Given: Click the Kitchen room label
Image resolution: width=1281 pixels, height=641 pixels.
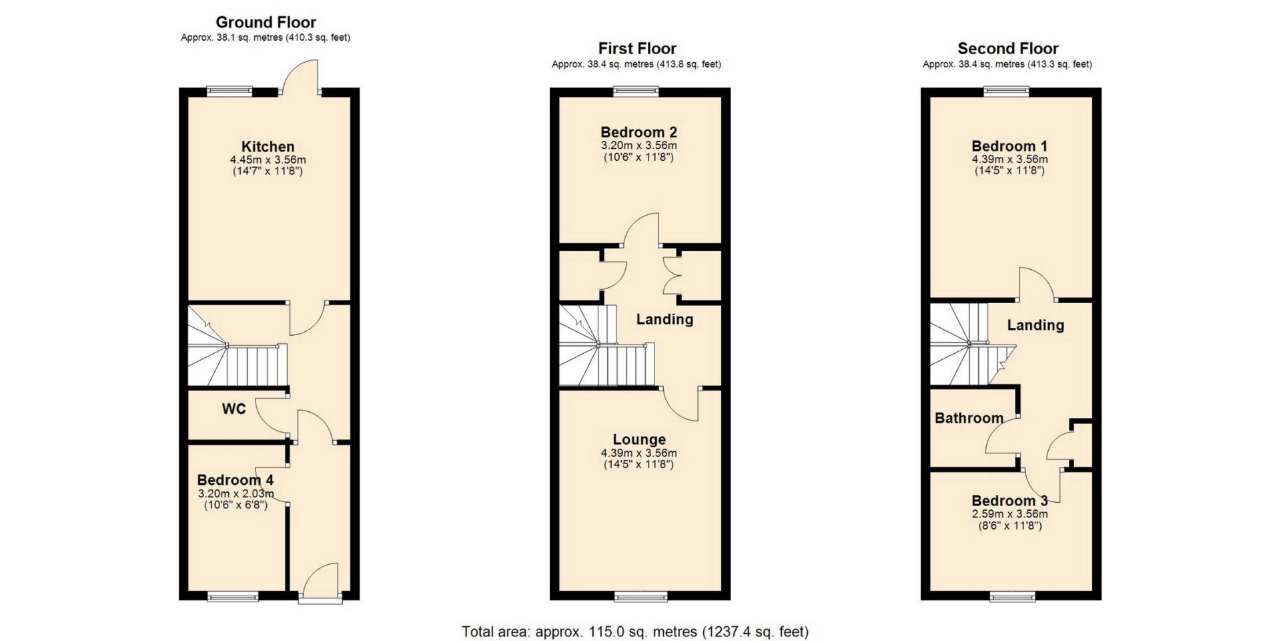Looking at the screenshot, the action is tap(268, 147).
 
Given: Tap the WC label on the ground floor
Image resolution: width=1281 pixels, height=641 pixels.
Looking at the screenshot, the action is tap(234, 409).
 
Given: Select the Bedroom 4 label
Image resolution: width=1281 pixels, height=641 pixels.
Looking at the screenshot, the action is tap(236, 480).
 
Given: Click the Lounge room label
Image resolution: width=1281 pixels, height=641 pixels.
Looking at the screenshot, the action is tap(639, 439).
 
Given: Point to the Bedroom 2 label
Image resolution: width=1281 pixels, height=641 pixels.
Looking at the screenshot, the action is tap(638, 132).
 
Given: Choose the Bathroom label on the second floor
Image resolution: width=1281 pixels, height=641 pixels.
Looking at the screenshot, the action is tap(969, 419).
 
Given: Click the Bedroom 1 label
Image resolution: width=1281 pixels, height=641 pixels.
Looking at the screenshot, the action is tap(1009, 146).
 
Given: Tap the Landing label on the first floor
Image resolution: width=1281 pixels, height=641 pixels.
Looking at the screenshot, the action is tap(665, 319).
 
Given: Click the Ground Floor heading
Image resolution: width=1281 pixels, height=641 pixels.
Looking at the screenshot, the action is tap(266, 23).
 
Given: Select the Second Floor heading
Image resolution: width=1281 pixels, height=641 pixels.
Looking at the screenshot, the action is tap(1007, 49).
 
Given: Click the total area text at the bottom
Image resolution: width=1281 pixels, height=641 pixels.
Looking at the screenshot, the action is tap(635, 632).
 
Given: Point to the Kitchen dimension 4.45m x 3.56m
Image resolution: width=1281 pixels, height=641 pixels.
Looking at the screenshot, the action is tap(268, 160).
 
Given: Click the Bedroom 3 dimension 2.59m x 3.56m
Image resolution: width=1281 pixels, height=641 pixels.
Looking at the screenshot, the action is tap(1009, 514).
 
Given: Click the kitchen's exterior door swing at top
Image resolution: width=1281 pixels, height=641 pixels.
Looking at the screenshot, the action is tap(301, 75).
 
